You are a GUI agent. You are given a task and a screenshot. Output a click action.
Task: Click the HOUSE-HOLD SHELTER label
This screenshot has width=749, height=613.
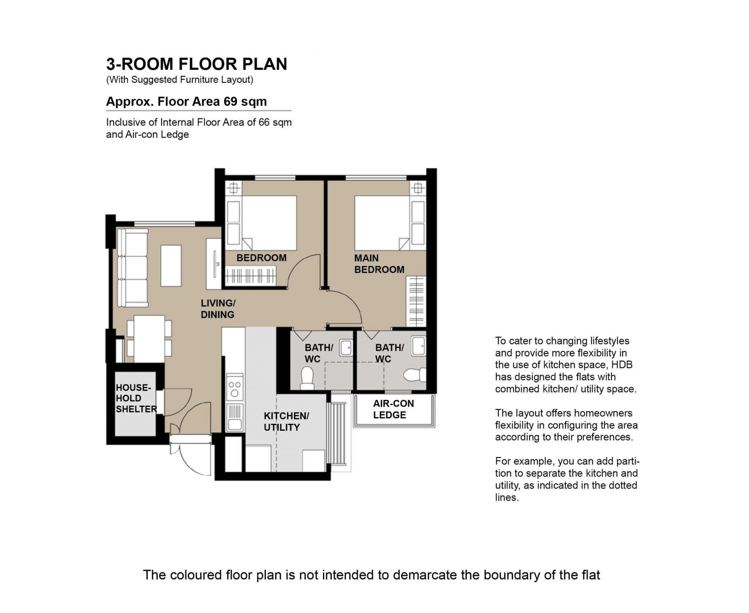(136, 398)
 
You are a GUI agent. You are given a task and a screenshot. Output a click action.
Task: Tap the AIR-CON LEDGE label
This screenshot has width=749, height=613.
(393, 409)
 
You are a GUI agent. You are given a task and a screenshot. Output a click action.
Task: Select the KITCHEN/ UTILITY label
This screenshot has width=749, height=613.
(286, 421)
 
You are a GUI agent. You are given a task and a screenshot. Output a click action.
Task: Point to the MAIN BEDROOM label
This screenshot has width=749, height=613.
(379, 264)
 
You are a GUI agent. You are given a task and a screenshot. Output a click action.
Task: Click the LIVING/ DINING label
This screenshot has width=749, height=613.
(218, 309)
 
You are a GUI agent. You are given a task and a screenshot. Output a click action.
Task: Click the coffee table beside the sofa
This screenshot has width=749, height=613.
(171, 266)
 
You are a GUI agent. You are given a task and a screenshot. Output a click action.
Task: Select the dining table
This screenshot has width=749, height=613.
(149, 339)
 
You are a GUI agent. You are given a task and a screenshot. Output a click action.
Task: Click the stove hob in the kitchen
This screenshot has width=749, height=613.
(235, 388)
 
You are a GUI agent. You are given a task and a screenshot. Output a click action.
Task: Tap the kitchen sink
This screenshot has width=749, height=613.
(235, 417)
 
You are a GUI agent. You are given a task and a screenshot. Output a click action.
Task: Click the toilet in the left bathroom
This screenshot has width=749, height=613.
(307, 378)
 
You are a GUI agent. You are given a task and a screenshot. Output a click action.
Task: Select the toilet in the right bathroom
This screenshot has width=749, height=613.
(415, 374)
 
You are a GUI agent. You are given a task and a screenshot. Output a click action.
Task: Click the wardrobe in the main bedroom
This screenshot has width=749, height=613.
(416, 301)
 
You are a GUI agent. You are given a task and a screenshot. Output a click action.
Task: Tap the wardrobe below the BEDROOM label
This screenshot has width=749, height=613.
(251, 276)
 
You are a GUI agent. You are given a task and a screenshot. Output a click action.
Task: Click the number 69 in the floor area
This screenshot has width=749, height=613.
(230, 102)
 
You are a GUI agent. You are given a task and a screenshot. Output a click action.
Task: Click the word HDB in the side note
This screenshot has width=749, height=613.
(623, 365)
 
